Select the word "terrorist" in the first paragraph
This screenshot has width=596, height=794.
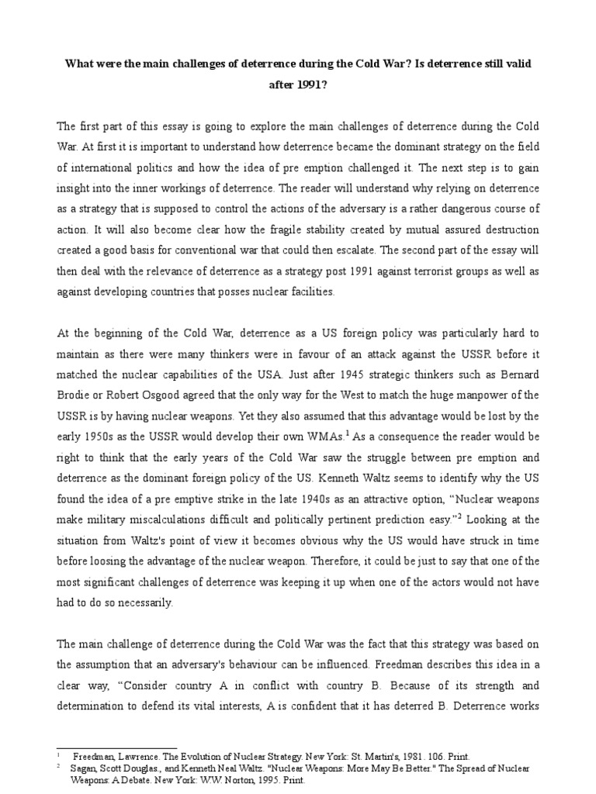click(x=423, y=271)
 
